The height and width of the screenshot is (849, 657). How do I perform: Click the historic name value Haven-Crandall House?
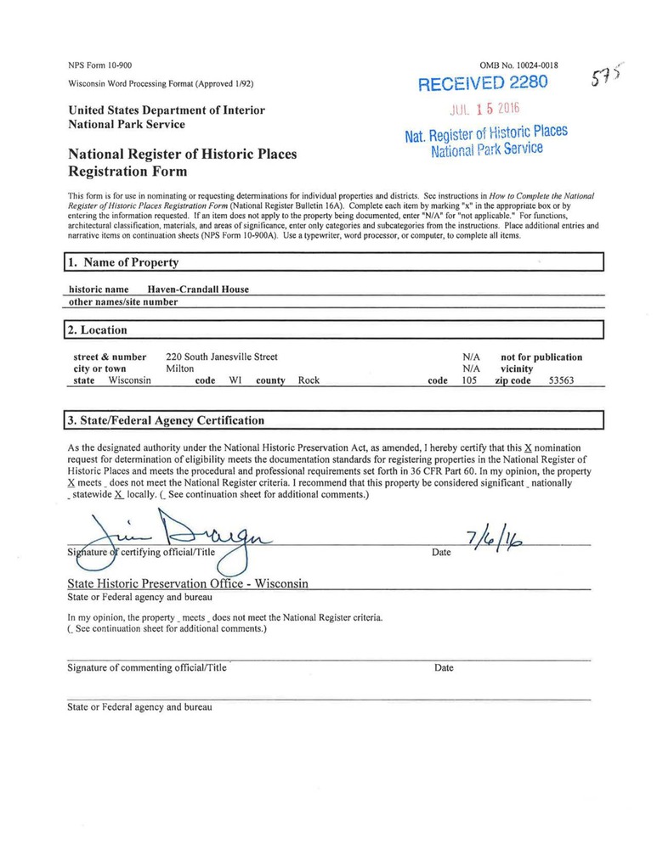click(198, 290)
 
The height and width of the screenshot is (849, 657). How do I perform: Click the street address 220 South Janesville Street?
click(222, 357)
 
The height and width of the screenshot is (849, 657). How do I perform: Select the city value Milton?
click(179, 369)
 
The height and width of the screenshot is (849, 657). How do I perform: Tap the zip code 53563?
click(561, 381)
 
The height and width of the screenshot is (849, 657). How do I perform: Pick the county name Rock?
click(309, 381)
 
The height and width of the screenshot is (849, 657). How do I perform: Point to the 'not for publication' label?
click(541, 357)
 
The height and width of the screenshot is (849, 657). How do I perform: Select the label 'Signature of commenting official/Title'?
click(147, 668)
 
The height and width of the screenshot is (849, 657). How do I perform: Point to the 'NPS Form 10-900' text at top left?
click(99, 65)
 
